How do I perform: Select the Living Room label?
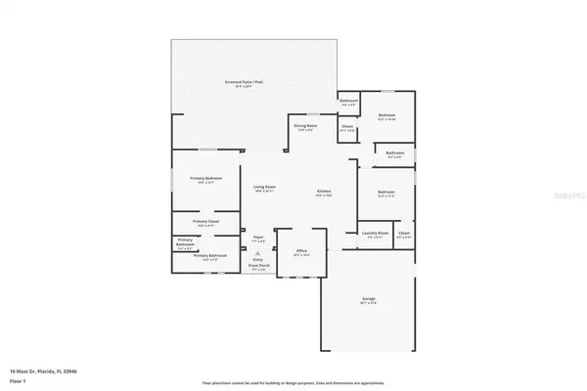click(x=264, y=188)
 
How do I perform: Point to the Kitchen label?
click(x=324, y=193)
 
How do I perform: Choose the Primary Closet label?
click(x=205, y=223)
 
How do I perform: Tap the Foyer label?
click(x=259, y=238)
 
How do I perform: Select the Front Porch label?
click(x=258, y=267)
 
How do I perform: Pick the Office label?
click(x=301, y=252)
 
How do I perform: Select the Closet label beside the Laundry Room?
click(x=403, y=234)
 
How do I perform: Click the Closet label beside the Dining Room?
click(x=347, y=126)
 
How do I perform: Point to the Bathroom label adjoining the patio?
click(x=348, y=102)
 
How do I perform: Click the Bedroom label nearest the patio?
click(x=385, y=116)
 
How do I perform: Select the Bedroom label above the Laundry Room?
click(x=385, y=193)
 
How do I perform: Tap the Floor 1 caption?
click(x=17, y=381)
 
